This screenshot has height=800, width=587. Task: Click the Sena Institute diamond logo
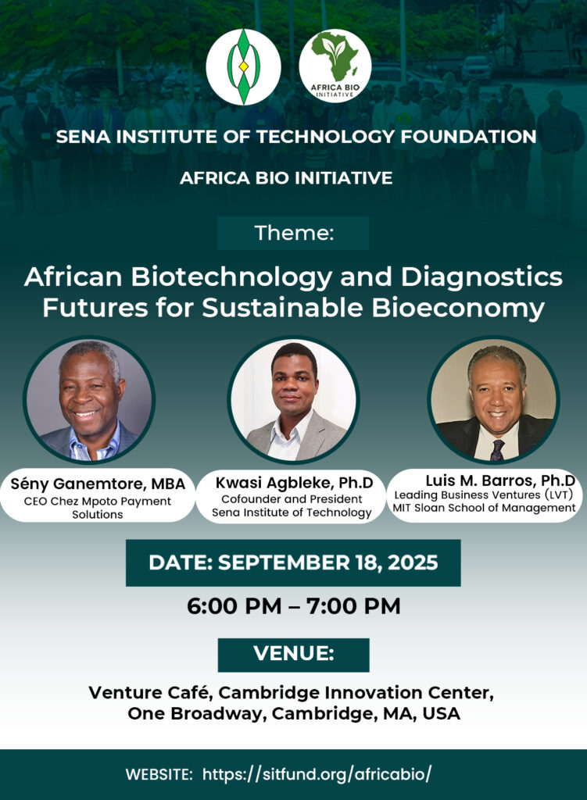(244, 67)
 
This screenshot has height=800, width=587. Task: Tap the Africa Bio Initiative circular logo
(335, 66)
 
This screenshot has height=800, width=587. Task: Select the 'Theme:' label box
(293, 233)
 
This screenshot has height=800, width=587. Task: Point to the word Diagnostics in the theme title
(481, 277)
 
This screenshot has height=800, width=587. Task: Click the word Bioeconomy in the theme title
(458, 308)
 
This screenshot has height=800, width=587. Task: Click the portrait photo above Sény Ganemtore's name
(89, 399)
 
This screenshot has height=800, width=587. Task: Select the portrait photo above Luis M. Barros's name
(493, 399)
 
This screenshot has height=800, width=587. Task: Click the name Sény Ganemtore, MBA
(98, 484)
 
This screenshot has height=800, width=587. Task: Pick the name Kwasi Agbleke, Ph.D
(294, 482)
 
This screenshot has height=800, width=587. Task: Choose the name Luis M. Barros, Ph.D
(500, 480)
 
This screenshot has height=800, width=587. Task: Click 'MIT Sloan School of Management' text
(484, 508)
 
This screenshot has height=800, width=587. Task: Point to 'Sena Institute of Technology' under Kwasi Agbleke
(292, 512)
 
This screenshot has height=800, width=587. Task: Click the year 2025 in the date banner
(413, 562)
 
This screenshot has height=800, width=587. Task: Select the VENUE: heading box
(294, 655)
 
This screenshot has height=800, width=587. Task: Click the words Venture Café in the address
(151, 693)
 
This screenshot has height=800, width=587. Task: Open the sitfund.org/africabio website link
(317, 774)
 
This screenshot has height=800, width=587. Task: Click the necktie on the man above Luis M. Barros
(496, 449)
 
